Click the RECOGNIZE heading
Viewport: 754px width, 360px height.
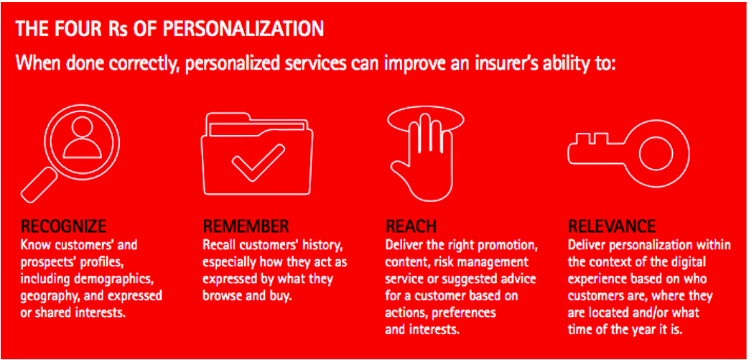coord(63,226)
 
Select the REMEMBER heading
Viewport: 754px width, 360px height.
coord(246,226)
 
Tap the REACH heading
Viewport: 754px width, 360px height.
coord(411,226)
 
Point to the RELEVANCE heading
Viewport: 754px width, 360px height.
coord(612,226)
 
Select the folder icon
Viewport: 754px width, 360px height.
coord(257,154)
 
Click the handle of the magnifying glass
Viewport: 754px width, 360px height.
coord(40,186)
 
